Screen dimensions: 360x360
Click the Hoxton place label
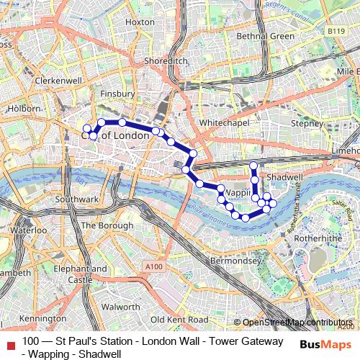[140, 22]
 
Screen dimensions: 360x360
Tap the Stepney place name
[307, 124]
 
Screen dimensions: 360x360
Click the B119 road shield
[334, 32]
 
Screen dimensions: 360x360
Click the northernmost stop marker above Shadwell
[253, 166]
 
